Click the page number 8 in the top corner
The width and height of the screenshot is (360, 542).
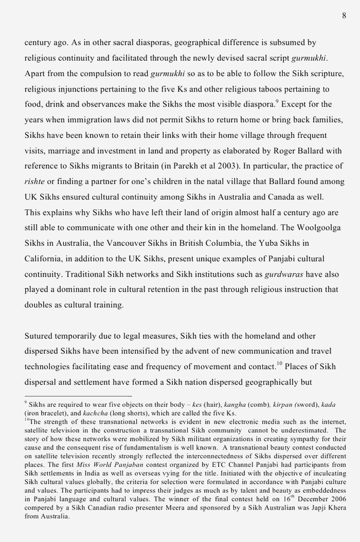tap(344, 16)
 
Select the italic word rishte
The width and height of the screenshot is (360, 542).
tap(34, 182)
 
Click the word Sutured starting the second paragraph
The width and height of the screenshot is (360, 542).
tap(39, 336)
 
